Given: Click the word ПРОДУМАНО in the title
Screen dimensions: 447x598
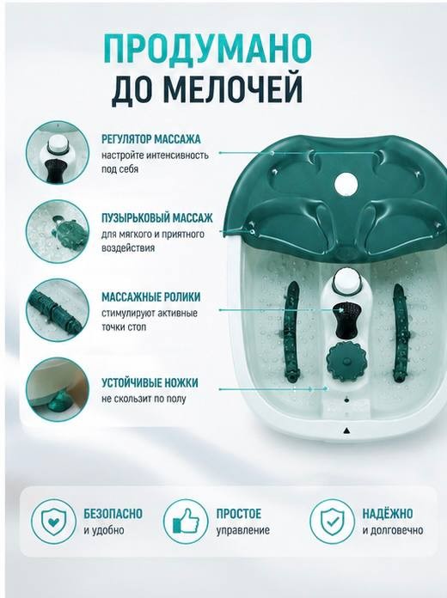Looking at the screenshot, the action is (x=208, y=50).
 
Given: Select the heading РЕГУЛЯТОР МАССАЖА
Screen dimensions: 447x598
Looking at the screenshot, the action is (x=151, y=139).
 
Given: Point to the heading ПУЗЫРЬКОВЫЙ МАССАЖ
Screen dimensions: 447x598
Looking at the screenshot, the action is (x=157, y=218).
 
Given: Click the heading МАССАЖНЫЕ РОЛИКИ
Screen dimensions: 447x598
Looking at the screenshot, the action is (x=150, y=296).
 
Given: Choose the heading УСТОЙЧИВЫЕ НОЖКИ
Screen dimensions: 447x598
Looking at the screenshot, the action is (x=150, y=382).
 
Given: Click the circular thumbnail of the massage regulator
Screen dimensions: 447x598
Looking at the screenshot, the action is (x=58, y=153).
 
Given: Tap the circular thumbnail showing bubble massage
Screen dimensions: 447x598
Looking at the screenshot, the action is (x=58, y=231).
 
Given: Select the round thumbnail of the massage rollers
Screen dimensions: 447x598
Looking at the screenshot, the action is (x=58, y=310).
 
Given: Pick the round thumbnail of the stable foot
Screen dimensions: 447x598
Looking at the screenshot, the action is (x=58, y=389).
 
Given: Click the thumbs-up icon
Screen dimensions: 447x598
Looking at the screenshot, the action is (x=186, y=522).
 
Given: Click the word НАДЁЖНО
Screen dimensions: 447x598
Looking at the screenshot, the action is (x=388, y=513).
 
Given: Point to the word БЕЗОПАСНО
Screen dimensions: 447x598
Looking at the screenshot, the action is (x=113, y=513).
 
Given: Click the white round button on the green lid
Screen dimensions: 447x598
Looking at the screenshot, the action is (x=346, y=185).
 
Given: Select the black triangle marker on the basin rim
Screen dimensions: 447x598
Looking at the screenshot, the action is (x=346, y=431).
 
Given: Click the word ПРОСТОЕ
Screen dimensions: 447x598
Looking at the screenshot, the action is (x=239, y=513).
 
